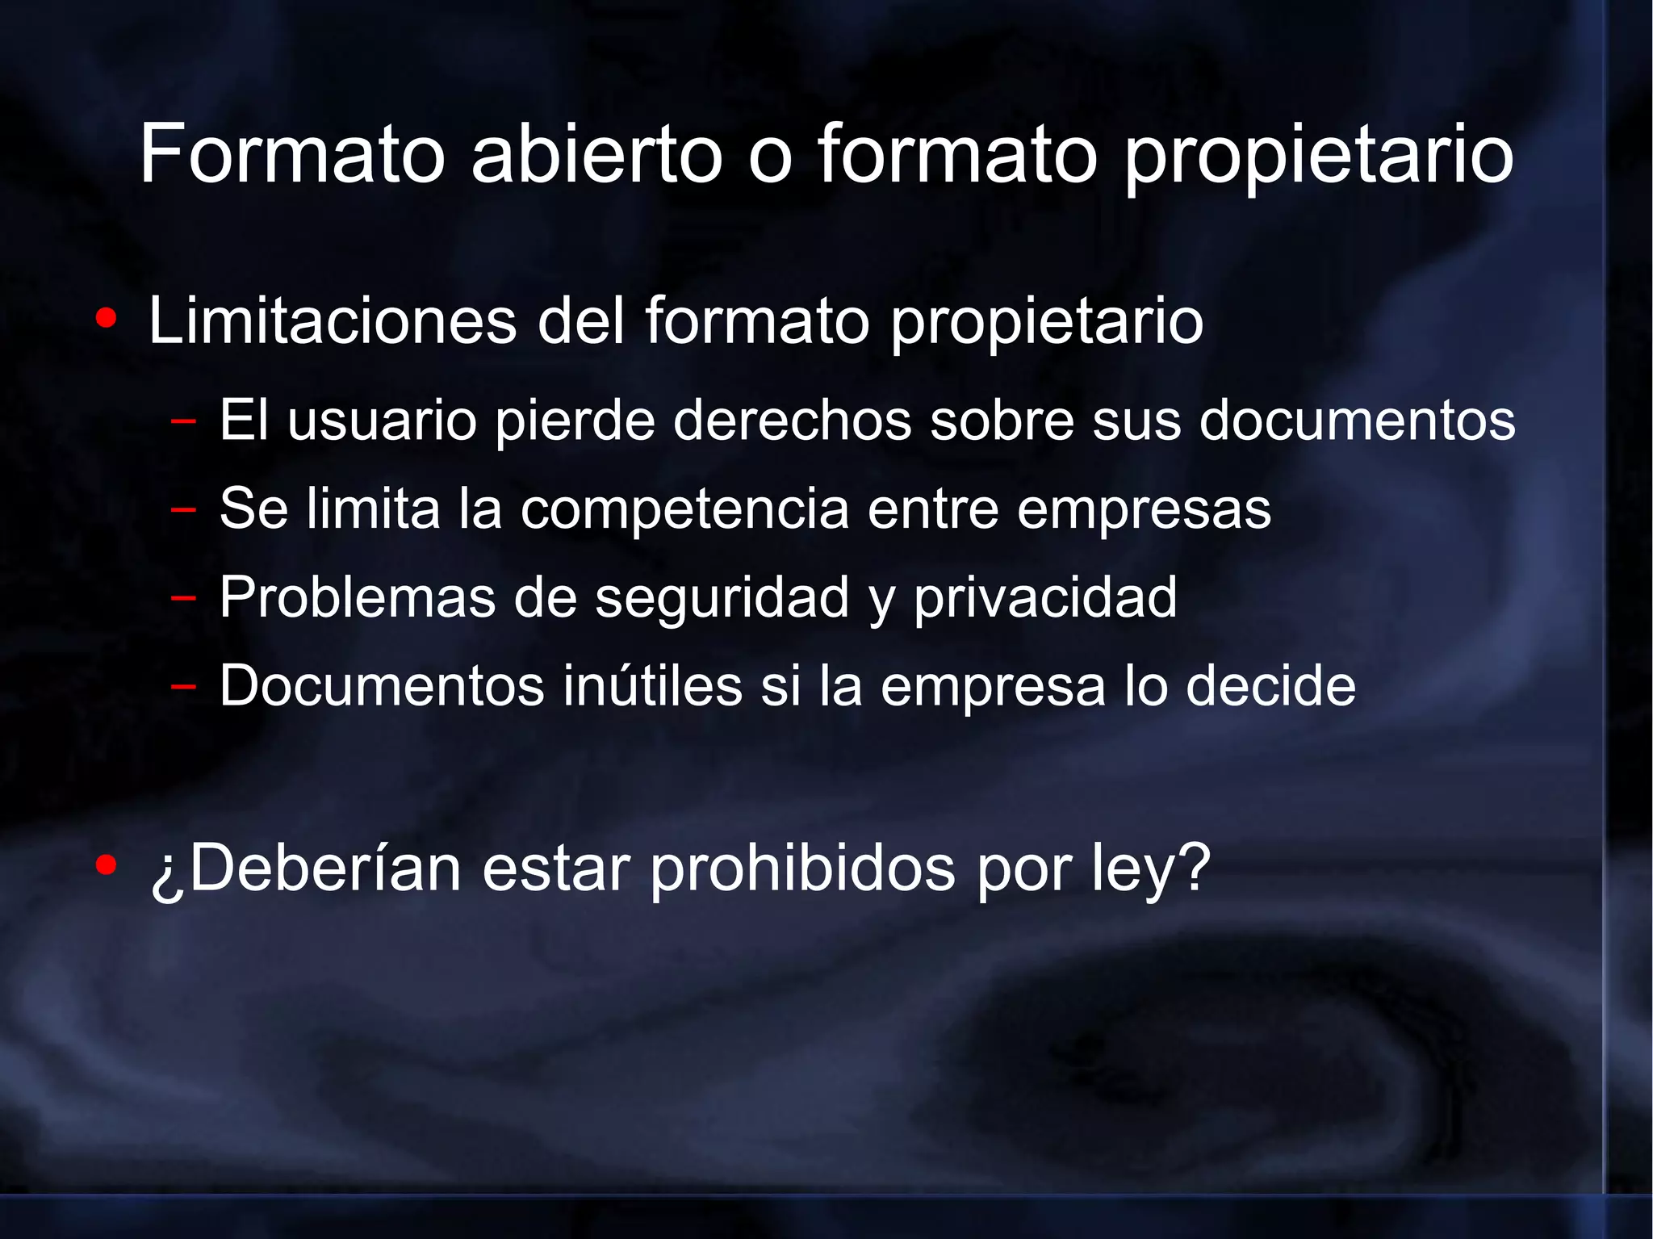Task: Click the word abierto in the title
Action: click(596, 153)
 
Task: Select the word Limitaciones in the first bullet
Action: click(332, 321)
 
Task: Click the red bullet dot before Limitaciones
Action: click(106, 320)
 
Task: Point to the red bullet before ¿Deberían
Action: click(106, 866)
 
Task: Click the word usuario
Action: click(382, 421)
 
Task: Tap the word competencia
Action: click(684, 510)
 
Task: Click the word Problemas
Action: click(358, 598)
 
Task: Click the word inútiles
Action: click(652, 686)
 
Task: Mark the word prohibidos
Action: click(802, 869)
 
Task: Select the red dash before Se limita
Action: click(184, 509)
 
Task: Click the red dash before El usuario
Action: click(184, 421)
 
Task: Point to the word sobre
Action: click(1002, 421)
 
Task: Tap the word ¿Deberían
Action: click(306, 869)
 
